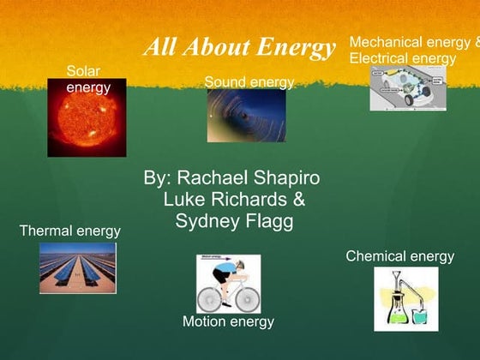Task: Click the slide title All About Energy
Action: coord(239,47)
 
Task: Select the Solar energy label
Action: coord(88,79)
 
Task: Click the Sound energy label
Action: coord(249,82)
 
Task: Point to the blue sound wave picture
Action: coord(246,116)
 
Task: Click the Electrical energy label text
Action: coord(402,58)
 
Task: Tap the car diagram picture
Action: coord(407,88)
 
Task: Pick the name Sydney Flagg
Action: coord(234,221)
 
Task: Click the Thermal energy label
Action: coord(69,231)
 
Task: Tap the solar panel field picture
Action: coord(77,268)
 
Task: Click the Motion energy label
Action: coord(228,321)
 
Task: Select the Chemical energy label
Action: coord(399,256)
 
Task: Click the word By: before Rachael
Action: coord(158,178)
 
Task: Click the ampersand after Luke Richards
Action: coord(299,200)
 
